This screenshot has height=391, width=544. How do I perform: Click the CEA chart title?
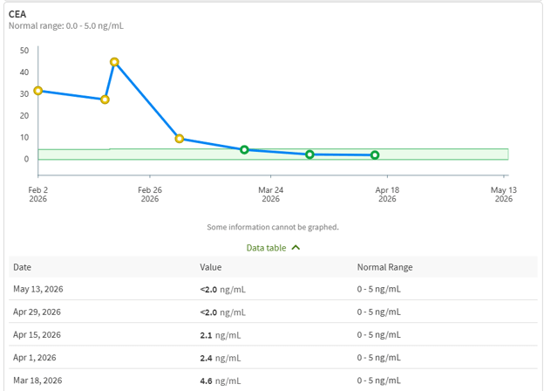tap(17, 14)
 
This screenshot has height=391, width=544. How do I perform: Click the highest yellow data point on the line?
tap(114, 62)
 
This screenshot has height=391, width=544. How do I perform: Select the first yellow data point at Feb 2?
tap(38, 91)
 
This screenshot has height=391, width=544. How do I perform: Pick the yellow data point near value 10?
tap(179, 139)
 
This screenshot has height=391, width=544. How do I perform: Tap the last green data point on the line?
tap(375, 155)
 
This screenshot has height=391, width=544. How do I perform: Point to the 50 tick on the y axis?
tap(24, 51)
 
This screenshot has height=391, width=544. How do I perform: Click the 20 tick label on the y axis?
tap(24, 115)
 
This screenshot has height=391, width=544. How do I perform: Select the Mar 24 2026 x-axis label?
tap(270, 195)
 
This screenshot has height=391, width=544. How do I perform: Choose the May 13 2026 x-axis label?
tap(503, 195)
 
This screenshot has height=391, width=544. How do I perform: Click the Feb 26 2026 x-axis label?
tap(150, 195)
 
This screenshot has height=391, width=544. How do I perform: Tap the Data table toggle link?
tap(266, 248)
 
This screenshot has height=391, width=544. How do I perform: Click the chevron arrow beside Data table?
tap(296, 248)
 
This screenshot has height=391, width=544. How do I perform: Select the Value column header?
tap(211, 267)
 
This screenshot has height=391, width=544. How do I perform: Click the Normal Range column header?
tap(384, 267)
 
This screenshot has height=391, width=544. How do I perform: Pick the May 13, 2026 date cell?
tap(38, 289)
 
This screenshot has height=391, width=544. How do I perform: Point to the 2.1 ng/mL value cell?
tap(221, 335)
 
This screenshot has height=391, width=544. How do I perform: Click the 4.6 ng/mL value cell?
tap(221, 381)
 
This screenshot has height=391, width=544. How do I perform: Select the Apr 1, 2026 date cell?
tap(35, 358)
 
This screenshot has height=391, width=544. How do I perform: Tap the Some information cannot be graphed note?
tap(273, 227)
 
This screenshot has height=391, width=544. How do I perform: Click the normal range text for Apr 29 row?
tap(379, 312)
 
